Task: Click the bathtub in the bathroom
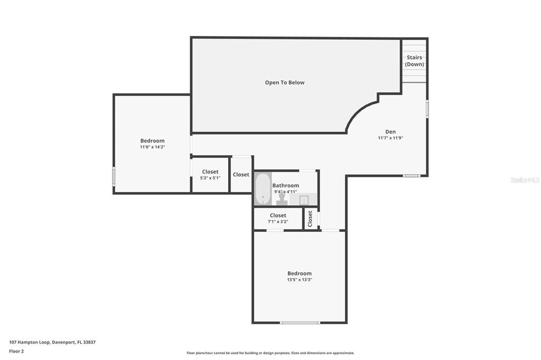click(x=263, y=189)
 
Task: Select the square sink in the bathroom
click(x=304, y=200)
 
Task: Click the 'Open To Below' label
click(x=285, y=82)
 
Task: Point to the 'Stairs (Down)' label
click(x=414, y=61)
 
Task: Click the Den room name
click(x=390, y=132)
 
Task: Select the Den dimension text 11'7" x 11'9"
click(x=390, y=138)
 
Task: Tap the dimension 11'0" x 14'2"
click(x=152, y=147)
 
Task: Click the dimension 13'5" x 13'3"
click(x=299, y=280)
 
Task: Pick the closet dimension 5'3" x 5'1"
click(x=210, y=178)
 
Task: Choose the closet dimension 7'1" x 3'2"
click(x=278, y=222)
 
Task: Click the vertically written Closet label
click(x=311, y=218)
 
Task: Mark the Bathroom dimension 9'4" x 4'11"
click(x=285, y=192)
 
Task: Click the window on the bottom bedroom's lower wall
click(x=300, y=323)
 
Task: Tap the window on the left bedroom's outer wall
click(x=114, y=176)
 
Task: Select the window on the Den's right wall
click(x=427, y=108)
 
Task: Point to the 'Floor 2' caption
click(x=16, y=351)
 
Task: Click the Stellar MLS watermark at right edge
click(x=525, y=180)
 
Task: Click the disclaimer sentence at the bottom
click(x=270, y=353)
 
